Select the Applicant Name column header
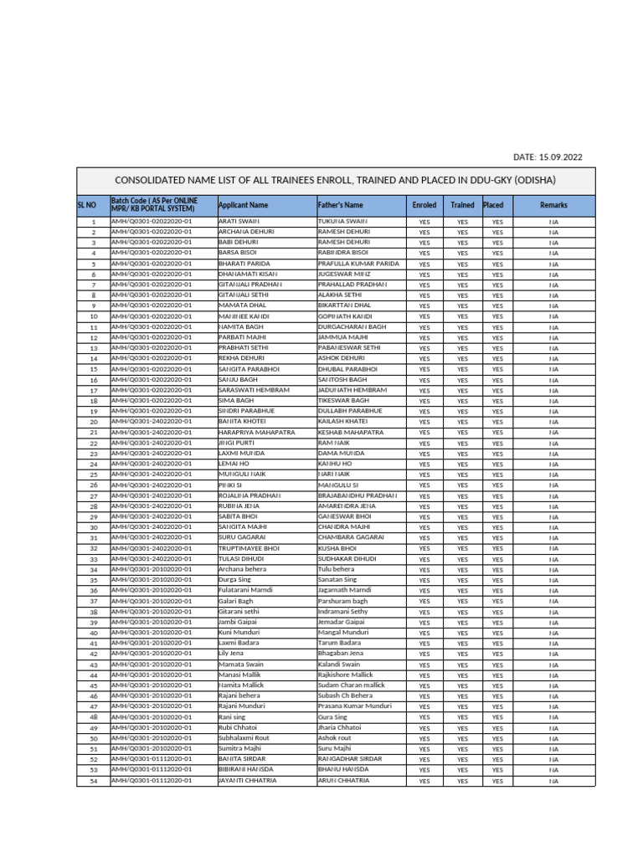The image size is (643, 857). click(243, 205)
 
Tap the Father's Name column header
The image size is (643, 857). click(341, 205)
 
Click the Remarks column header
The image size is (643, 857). click(553, 205)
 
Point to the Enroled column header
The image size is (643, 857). click(424, 205)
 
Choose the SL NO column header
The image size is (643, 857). click(87, 205)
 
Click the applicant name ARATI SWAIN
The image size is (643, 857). click(239, 221)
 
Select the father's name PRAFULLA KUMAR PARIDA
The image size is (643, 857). click(358, 264)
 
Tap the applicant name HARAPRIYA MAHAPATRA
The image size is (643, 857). click(256, 433)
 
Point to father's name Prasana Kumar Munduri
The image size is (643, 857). click(355, 706)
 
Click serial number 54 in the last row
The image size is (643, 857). click(94, 781)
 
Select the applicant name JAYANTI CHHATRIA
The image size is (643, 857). click(247, 781)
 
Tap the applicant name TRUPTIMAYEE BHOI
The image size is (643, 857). click(249, 548)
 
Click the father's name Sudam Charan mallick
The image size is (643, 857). click(352, 685)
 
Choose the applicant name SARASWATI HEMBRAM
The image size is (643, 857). click(254, 390)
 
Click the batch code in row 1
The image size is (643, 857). click(152, 221)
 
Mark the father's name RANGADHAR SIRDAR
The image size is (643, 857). click(350, 759)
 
